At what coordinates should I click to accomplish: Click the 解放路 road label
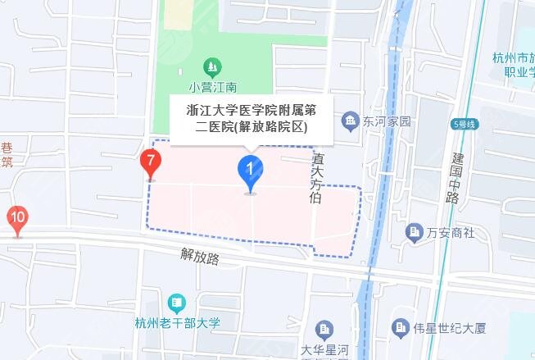[x=201, y=257]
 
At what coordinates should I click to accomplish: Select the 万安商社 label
[x=451, y=232]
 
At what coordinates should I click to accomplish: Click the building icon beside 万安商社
[x=415, y=232]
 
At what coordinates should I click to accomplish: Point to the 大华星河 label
[x=324, y=350]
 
